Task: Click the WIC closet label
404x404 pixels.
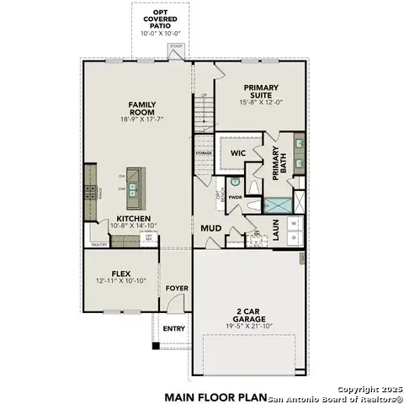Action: click(x=238, y=153)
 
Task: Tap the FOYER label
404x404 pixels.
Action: click(x=177, y=289)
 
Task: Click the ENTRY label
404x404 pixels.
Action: click(x=174, y=328)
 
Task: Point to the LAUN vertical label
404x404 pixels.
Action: click(x=275, y=230)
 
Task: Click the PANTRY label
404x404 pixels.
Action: click(x=99, y=245)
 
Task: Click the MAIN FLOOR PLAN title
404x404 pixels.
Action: click(x=215, y=396)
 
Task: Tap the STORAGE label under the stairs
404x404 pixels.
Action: click(x=204, y=154)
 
